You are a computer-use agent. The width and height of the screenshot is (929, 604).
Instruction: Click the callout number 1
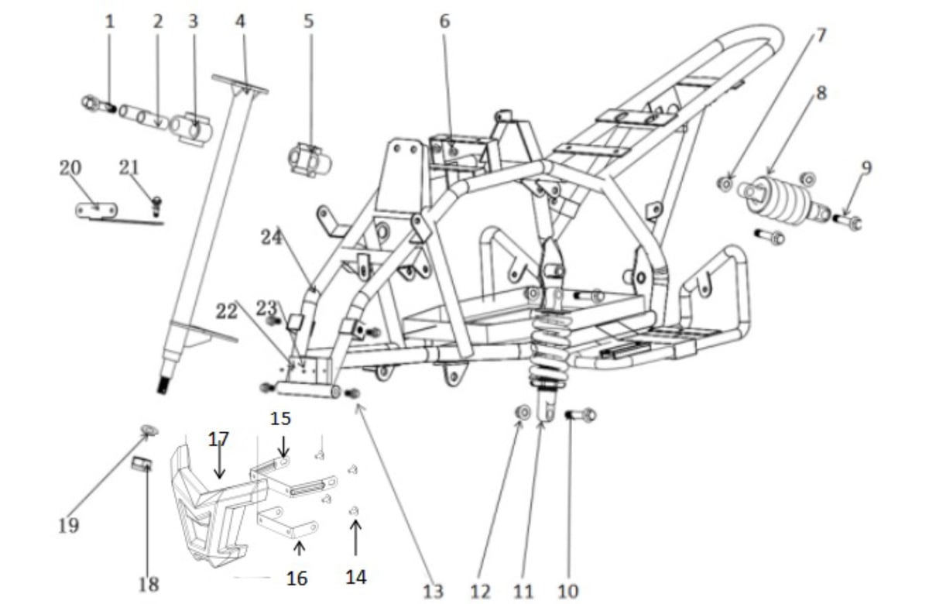click(x=109, y=21)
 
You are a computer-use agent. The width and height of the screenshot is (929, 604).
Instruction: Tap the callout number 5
click(x=308, y=21)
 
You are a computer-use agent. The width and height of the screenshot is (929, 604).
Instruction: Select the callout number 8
click(x=821, y=93)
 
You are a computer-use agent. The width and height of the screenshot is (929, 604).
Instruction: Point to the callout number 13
click(x=434, y=591)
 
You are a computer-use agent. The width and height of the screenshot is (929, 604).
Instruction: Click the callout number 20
click(x=70, y=168)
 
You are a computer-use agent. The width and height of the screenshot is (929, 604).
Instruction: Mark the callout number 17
click(x=219, y=439)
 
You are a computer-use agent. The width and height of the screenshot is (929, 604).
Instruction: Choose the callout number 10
click(x=567, y=591)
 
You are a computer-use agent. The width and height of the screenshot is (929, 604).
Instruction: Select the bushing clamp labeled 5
click(x=309, y=159)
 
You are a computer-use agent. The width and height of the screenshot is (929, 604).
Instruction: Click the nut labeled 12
click(x=523, y=413)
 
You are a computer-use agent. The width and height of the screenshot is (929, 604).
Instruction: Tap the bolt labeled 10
click(x=581, y=416)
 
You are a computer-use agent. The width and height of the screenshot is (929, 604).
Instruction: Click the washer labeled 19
click(x=148, y=430)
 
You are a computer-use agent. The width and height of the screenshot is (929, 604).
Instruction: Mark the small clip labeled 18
click(x=140, y=464)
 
